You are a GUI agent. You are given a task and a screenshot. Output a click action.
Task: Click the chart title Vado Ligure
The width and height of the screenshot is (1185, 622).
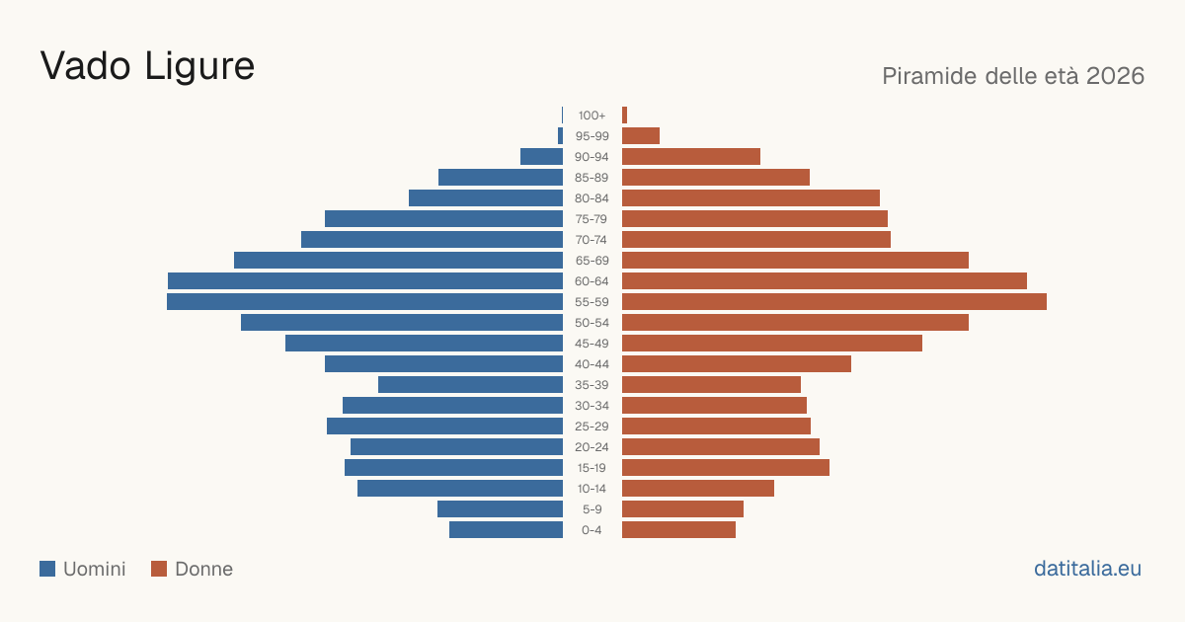[x=147, y=66]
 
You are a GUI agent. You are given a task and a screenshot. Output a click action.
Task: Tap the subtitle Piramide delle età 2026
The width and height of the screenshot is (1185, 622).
[x=1013, y=76]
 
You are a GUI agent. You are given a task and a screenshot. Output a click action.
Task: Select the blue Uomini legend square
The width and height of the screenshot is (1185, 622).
[x=47, y=569]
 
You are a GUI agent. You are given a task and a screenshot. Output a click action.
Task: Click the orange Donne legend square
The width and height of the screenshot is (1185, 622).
[x=159, y=569]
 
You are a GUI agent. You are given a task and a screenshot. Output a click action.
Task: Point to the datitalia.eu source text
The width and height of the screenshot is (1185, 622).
[x=1087, y=569]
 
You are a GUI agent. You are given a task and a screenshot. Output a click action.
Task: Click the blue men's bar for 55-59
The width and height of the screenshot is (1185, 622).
[x=365, y=301]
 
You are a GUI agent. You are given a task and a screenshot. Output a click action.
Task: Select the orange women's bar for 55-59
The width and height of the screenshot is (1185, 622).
[x=834, y=301]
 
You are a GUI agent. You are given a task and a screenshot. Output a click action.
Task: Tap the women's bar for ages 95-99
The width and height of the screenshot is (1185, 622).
[x=641, y=136]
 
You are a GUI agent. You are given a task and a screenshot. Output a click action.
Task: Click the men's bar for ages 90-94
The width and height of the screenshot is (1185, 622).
[x=542, y=157]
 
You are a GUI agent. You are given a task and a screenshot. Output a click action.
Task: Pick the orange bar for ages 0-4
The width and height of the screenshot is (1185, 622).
[x=678, y=530]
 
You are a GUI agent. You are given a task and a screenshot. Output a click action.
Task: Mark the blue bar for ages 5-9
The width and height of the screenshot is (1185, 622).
[x=500, y=508]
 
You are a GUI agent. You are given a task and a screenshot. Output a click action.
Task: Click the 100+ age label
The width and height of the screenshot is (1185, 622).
[x=592, y=116]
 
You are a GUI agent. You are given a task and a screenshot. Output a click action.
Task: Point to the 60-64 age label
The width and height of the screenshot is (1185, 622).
[x=592, y=280]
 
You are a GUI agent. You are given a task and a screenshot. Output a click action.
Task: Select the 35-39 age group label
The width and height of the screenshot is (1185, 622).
[x=592, y=384]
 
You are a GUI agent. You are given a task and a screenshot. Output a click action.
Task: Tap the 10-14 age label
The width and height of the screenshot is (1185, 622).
[x=592, y=488]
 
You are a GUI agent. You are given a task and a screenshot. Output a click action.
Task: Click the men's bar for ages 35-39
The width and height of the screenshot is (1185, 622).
[x=470, y=384]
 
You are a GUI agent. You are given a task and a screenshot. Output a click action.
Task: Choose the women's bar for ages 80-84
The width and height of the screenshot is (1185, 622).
[x=750, y=197]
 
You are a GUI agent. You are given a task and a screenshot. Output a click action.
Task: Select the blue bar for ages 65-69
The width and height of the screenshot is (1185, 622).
[x=398, y=261]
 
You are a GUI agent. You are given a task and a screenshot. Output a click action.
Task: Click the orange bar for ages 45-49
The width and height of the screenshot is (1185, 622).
[x=772, y=344]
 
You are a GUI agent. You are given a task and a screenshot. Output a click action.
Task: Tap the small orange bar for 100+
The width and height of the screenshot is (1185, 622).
[x=624, y=116]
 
